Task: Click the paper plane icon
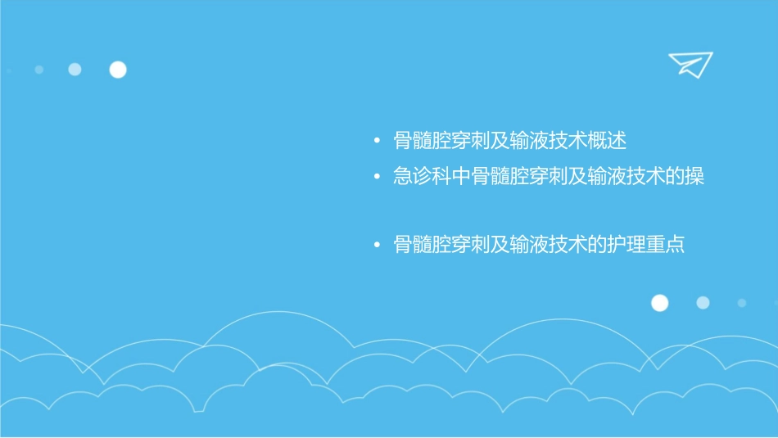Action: tap(690, 65)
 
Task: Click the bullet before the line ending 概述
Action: tap(377, 142)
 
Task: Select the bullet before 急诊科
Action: tap(377, 177)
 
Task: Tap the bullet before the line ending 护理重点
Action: tap(377, 245)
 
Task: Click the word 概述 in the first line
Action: tap(607, 141)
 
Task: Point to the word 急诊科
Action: tap(423, 177)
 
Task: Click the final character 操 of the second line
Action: tap(694, 177)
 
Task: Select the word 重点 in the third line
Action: tap(665, 245)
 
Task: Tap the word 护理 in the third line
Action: tap(626, 245)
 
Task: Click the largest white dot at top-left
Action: tap(118, 70)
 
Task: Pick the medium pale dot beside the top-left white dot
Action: tap(75, 70)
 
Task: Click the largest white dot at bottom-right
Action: tap(659, 303)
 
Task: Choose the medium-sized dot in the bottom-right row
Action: tap(703, 303)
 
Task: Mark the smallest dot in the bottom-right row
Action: tap(741, 303)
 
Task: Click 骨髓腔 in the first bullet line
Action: tap(423, 141)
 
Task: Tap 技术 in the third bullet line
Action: tap(568, 245)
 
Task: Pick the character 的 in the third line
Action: tap(597, 245)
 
